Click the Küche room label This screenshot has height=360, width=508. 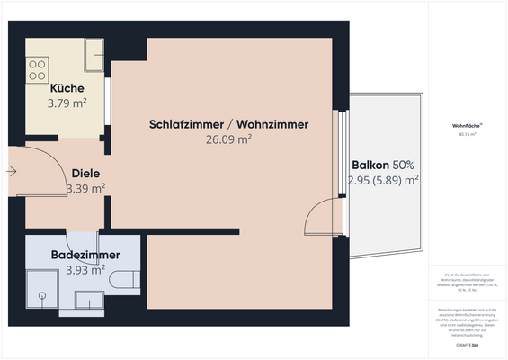(67, 88)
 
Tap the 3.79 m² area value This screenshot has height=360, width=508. (67, 103)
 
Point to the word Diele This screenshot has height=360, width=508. (85, 173)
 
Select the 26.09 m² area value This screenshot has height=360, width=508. (228, 139)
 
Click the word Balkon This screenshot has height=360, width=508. (370, 166)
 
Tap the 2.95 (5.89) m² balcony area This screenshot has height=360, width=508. (384, 181)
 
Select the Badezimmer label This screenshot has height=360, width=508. (85, 255)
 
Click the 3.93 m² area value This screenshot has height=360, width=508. (85, 270)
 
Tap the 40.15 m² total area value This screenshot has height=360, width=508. (467, 135)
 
